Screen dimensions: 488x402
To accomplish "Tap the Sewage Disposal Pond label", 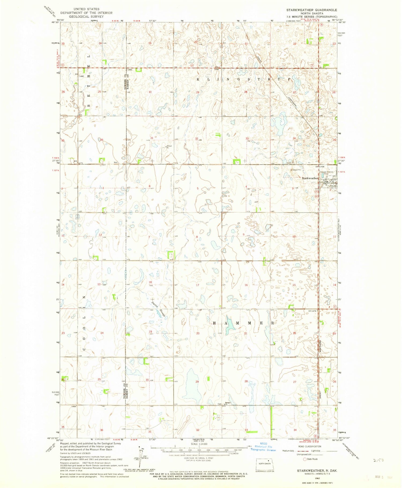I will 327,173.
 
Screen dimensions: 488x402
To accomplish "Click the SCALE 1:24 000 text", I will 199,444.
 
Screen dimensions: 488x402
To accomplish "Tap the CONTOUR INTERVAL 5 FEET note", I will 199,458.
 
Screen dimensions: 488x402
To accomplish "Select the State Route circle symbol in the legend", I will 305,459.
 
